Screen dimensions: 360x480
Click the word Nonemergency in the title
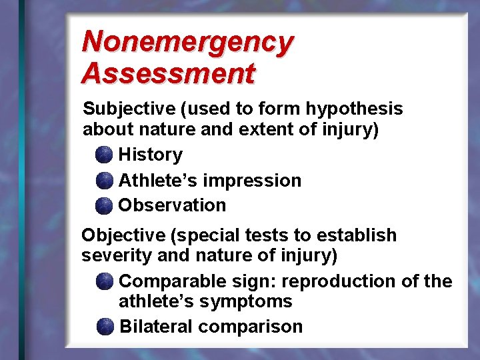(x=187, y=43)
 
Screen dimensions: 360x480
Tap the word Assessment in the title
(x=168, y=73)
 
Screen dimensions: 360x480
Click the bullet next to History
(x=104, y=155)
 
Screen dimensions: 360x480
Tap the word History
(x=150, y=155)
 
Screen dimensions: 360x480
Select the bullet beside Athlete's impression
(x=104, y=181)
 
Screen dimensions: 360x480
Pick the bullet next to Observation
(x=104, y=206)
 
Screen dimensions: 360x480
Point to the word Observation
(x=172, y=205)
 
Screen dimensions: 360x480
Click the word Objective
(x=123, y=235)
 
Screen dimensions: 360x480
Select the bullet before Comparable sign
(x=104, y=282)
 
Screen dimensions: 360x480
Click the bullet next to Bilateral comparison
(x=104, y=327)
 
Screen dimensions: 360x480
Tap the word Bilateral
(x=155, y=327)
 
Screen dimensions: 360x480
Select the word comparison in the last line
(x=251, y=327)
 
